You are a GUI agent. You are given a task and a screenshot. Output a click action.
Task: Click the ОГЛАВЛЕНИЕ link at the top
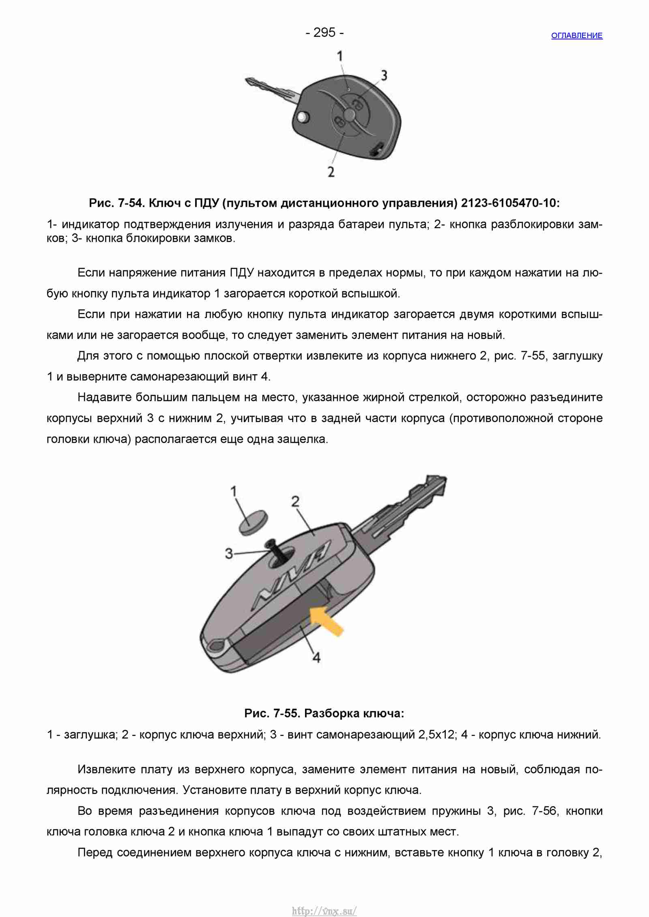577,36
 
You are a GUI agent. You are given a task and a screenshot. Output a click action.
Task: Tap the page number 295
324,32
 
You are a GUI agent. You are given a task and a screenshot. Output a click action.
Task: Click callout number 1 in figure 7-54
340,56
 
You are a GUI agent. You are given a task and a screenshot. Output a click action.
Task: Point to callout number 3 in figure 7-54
384,75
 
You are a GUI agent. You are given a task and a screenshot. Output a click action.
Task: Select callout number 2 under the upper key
331,172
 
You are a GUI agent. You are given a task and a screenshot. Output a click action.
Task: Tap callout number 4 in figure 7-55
317,658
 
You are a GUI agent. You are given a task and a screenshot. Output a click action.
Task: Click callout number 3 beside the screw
229,553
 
